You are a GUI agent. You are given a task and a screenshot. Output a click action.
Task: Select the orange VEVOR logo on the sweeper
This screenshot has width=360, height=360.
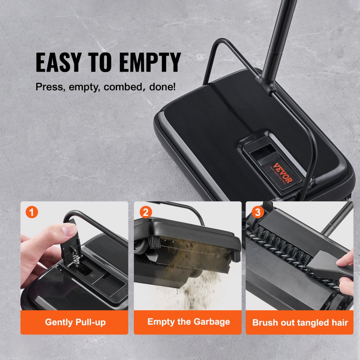pyautogui.click(x=283, y=173)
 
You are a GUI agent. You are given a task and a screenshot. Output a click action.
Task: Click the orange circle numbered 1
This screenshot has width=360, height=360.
pyautogui.click(x=32, y=212)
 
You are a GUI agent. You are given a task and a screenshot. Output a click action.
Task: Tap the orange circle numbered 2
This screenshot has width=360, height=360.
pyautogui.click(x=145, y=212)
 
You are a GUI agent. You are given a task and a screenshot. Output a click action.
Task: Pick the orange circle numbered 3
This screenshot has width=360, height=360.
pyautogui.click(x=257, y=212)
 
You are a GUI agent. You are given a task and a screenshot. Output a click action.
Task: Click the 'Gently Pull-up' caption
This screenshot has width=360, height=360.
pyautogui.click(x=75, y=322)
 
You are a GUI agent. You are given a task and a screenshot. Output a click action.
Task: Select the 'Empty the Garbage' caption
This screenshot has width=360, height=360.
pyautogui.click(x=188, y=321)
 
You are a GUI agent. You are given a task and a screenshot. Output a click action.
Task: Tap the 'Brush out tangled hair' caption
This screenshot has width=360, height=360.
pyautogui.click(x=300, y=322)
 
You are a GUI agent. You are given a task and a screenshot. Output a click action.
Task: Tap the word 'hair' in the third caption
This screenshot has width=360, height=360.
pyautogui.click(x=339, y=322)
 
